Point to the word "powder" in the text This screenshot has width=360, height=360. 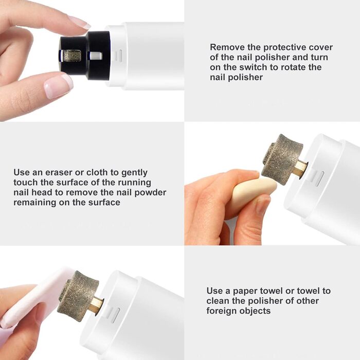coord(150,193)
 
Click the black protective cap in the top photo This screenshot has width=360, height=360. coord(84,56)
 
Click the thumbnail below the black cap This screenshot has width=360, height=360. coord(58,85)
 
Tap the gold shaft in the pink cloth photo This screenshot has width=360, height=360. coord(97,306)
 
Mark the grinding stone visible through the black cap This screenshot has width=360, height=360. coord(72,56)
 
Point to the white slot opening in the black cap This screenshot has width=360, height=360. coord(96,56)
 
